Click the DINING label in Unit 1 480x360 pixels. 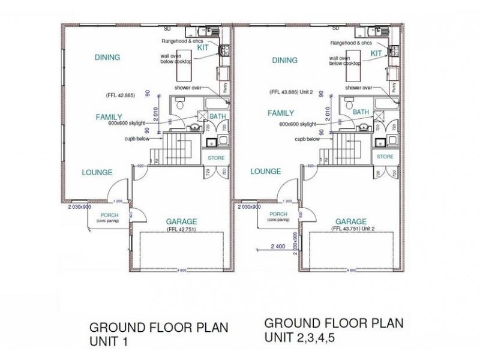pos(107,58)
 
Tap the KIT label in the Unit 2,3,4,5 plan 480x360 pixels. pos(376,53)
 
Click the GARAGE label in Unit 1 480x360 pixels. pos(181,221)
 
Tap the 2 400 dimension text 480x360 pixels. pos(279,246)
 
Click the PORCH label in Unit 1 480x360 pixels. pos(109,215)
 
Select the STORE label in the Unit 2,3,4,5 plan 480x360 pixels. pos(385,157)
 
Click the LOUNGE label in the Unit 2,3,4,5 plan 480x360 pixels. pos(266,171)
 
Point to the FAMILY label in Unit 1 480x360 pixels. pos(109,117)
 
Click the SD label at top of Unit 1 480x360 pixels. pos(167,28)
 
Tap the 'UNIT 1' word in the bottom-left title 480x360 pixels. pos(109,342)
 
